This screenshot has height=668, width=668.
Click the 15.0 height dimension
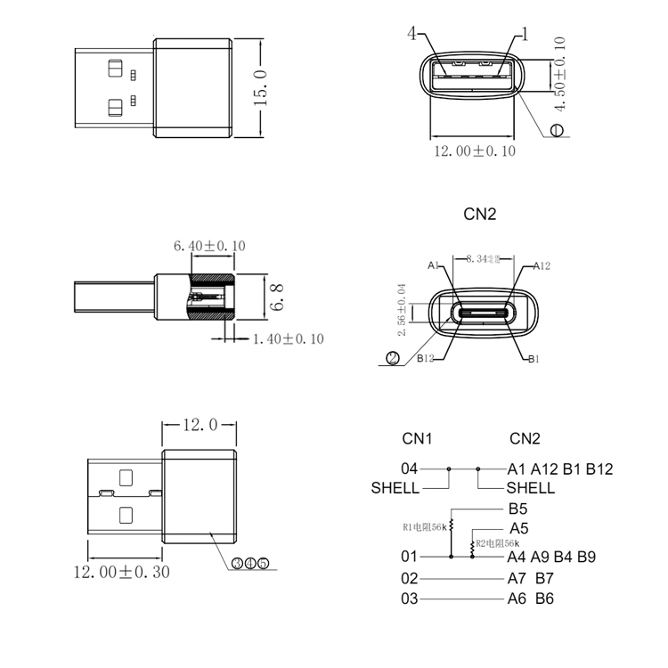pos(261,87)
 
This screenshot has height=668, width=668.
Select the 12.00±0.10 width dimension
pos(474,151)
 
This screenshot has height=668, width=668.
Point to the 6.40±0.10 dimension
pos(209,246)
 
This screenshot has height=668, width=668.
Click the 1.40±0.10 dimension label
pos(288,338)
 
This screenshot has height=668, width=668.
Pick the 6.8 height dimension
pos(277,297)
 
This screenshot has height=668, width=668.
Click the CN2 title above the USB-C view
pos(480,214)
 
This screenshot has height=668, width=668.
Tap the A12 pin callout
pos(542,265)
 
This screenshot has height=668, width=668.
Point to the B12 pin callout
pos(425,359)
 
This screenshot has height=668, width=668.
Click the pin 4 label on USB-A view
pos(412,34)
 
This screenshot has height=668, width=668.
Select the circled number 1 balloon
pos(558,130)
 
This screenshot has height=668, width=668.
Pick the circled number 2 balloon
pos(391,359)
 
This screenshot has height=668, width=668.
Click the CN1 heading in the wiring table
pos(417,438)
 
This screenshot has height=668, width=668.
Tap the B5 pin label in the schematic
pos(518,509)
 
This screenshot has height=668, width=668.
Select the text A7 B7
pos(531,578)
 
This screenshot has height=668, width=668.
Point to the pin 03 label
pos(409,599)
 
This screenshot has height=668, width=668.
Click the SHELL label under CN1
pos(395,488)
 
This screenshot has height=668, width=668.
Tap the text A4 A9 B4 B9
pos(551,558)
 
